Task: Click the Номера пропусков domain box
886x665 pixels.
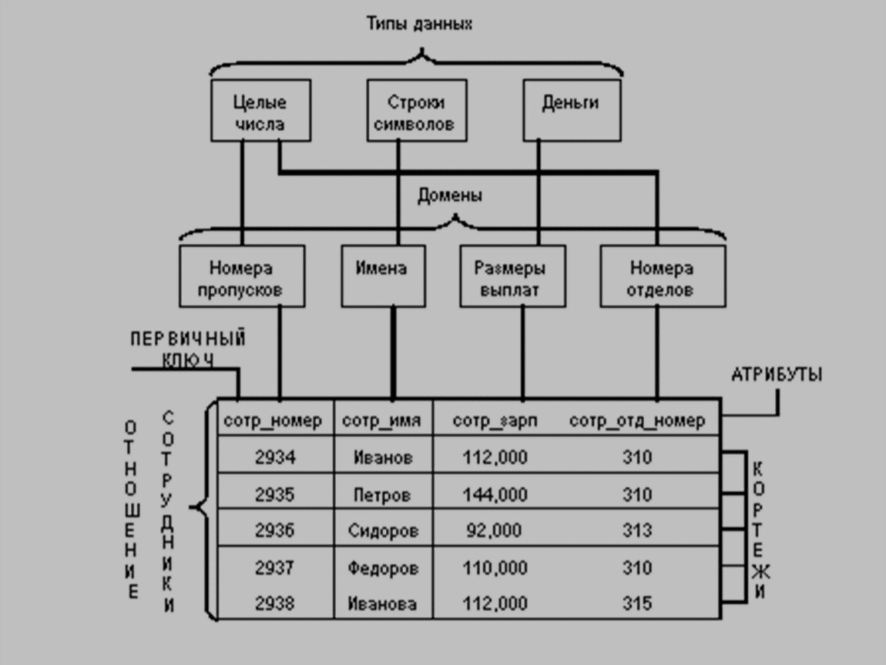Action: [x=240, y=279]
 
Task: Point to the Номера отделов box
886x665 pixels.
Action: [x=662, y=279]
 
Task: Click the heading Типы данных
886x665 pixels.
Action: [x=418, y=24]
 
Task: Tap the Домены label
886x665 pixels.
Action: [x=450, y=195]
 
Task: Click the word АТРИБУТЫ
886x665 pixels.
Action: [x=776, y=375]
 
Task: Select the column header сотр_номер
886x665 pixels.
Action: [x=273, y=420]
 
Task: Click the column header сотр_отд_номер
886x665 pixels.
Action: [x=636, y=420]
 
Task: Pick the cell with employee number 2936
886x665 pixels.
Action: [x=274, y=530]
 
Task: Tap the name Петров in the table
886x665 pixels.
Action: [x=382, y=494]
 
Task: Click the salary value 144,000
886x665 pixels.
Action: [x=495, y=494]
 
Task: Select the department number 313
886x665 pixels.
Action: [x=636, y=530]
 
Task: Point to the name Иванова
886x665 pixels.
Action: [x=382, y=603]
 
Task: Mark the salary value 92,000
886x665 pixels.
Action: [x=494, y=530]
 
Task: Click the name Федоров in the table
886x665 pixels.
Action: [x=383, y=568]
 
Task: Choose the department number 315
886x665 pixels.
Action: [x=636, y=603]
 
